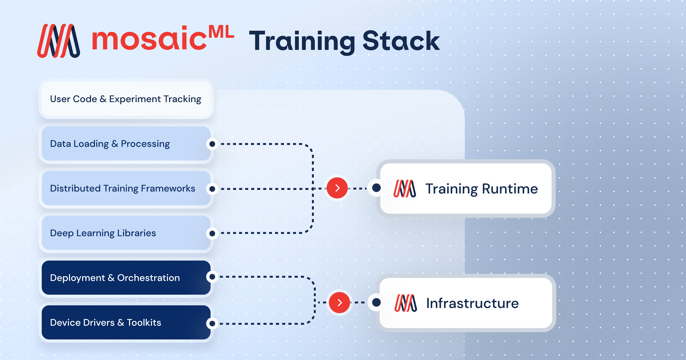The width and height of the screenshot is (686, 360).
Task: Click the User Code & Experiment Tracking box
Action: pyautogui.click(x=126, y=99)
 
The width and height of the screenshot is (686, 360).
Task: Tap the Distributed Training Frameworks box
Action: pyautogui.click(x=126, y=188)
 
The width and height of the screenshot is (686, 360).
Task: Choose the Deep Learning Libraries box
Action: pyautogui.click(x=126, y=233)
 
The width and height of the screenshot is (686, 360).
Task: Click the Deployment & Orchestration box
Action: pyautogui.click(x=126, y=278)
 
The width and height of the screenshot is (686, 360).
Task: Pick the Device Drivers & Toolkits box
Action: pyautogui.click(x=126, y=322)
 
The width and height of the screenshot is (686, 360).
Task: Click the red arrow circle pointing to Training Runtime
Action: pyautogui.click(x=337, y=188)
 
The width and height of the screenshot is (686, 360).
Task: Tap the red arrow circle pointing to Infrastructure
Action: pyautogui.click(x=339, y=302)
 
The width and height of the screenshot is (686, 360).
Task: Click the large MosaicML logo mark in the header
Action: pyautogui.click(x=59, y=41)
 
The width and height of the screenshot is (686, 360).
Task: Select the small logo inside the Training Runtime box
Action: pyautogui.click(x=405, y=189)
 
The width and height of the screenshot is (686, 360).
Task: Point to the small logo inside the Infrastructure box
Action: pyautogui.click(x=406, y=303)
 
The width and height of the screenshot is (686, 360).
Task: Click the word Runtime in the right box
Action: pyautogui.click(x=510, y=189)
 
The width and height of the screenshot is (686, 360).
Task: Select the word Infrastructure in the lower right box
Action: pyautogui.click(x=472, y=303)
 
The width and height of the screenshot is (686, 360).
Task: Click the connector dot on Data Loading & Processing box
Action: pyautogui.click(x=212, y=144)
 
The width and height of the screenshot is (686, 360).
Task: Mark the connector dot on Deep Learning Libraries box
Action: pyautogui.click(x=212, y=234)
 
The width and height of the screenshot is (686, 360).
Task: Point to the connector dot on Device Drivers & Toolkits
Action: pyautogui.click(x=212, y=323)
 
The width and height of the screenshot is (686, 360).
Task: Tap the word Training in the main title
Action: pyautogui.click(x=301, y=41)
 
